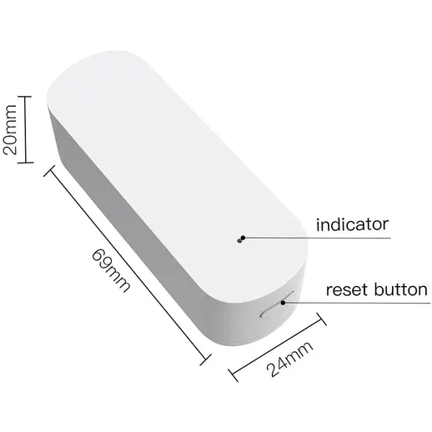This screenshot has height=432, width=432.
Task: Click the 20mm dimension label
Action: [9, 129]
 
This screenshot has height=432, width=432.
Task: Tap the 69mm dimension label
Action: [111, 270]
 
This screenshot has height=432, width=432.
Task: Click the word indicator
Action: [352, 224]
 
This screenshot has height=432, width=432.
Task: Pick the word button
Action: [400, 289]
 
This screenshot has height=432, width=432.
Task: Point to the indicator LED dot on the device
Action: [239, 241]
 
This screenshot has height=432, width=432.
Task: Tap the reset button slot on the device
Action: [276, 304]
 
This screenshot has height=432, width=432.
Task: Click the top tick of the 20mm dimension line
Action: [24, 97]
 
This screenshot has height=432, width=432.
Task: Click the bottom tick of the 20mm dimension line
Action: [25, 163]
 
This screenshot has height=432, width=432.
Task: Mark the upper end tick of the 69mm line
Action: [49, 171]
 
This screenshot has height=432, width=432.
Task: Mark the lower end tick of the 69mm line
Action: [205, 360]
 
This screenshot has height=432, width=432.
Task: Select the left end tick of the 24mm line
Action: [233, 375]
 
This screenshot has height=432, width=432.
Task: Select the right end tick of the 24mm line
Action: [321, 319]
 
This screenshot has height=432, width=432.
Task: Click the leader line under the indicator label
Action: [317, 238]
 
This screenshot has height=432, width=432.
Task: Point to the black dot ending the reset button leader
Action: [283, 303]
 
